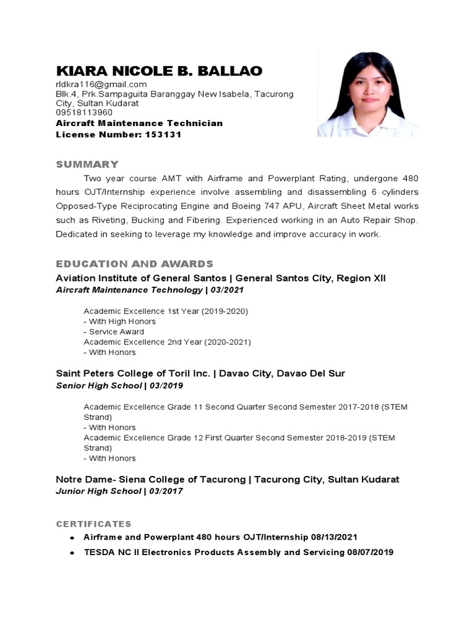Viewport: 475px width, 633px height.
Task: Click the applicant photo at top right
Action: click(367, 93)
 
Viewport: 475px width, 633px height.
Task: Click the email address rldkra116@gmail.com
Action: click(101, 84)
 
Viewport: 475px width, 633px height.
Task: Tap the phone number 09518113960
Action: click(84, 113)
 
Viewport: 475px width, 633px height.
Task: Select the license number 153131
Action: click(163, 134)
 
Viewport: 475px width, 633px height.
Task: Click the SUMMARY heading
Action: click(87, 164)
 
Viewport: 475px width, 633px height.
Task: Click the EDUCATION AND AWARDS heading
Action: click(134, 263)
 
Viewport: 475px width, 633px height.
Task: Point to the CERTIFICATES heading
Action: click(93, 524)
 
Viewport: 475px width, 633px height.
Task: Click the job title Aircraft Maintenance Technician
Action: click(139, 123)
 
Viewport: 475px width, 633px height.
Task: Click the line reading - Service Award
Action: click(114, 332)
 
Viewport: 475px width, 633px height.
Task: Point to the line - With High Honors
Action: click(119, 321)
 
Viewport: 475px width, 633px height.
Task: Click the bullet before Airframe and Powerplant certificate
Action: click(73, 538)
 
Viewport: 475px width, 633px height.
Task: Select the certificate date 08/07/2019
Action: click(369, 552)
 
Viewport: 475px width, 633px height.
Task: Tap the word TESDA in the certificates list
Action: click(98, 552)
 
